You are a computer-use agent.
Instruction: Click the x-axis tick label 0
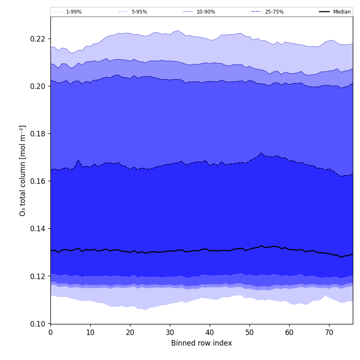pyautogui.click(x=50, y=332)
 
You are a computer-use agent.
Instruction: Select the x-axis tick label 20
pyautogui.click(x=130, y=332)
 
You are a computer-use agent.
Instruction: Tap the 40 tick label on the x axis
pyautogui.click(x=210, y=332)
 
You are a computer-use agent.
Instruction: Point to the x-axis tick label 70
pyautogui.click(x=329, y=332)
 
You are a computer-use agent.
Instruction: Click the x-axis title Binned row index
pyautogui.click(x=202, y=343)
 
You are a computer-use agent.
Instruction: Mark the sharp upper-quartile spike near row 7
pyautogui.click(x=78, y=160)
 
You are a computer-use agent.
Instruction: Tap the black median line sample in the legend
pyautogui.click(x=325, y=12)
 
